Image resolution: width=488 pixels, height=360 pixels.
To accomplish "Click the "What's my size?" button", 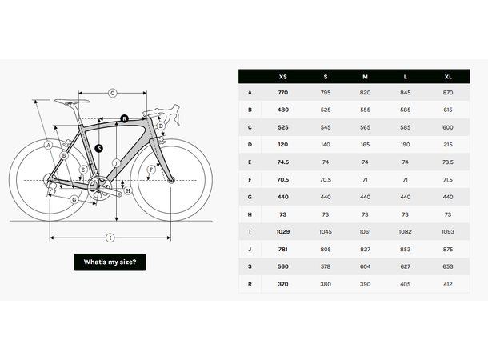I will pyautogui.click(x=110, y=262).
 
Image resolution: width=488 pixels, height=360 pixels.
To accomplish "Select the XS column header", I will pyautogui.click(x=283, y=77).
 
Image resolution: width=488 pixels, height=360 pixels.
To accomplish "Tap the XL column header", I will pyautogui.click(x=447, y=77).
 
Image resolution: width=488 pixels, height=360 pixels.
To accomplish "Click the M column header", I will pyautogui.click(x=365, y=77).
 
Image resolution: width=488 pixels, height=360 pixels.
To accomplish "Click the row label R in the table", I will pyautogui.click(x=250, y=282).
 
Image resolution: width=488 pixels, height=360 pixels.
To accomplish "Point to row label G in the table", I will pyautogui.click(x=250, y=196).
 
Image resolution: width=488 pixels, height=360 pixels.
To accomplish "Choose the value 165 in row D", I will pyautogui.click(x=365, y=144).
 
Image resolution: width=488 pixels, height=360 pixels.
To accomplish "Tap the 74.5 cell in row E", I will pyautogui.click(x=283, y=162).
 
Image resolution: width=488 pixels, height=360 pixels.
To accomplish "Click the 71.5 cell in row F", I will pyautogui.click(x=447, y=179).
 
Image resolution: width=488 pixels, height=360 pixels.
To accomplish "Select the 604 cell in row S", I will pyautogui.click(x=365, y=265).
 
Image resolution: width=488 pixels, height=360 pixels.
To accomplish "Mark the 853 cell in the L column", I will pyautogui.click(x=406, y=248).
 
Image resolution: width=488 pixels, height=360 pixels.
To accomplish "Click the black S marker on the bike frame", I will pyautogui.click(x=98, y=148).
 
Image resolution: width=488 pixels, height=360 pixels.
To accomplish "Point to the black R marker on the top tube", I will pyautogui.click(x=124, y=118).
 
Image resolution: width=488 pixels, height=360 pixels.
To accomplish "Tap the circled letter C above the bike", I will pyautogui.click(x=113, y=93).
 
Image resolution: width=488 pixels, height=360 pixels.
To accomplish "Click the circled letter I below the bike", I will pyautogui.click(x=110, y=237).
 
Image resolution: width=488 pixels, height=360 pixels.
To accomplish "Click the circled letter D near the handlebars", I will pyautogui.click(x=161, y=126).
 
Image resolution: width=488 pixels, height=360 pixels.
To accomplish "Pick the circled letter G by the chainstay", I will pyautogui.click(x=74, y=199).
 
